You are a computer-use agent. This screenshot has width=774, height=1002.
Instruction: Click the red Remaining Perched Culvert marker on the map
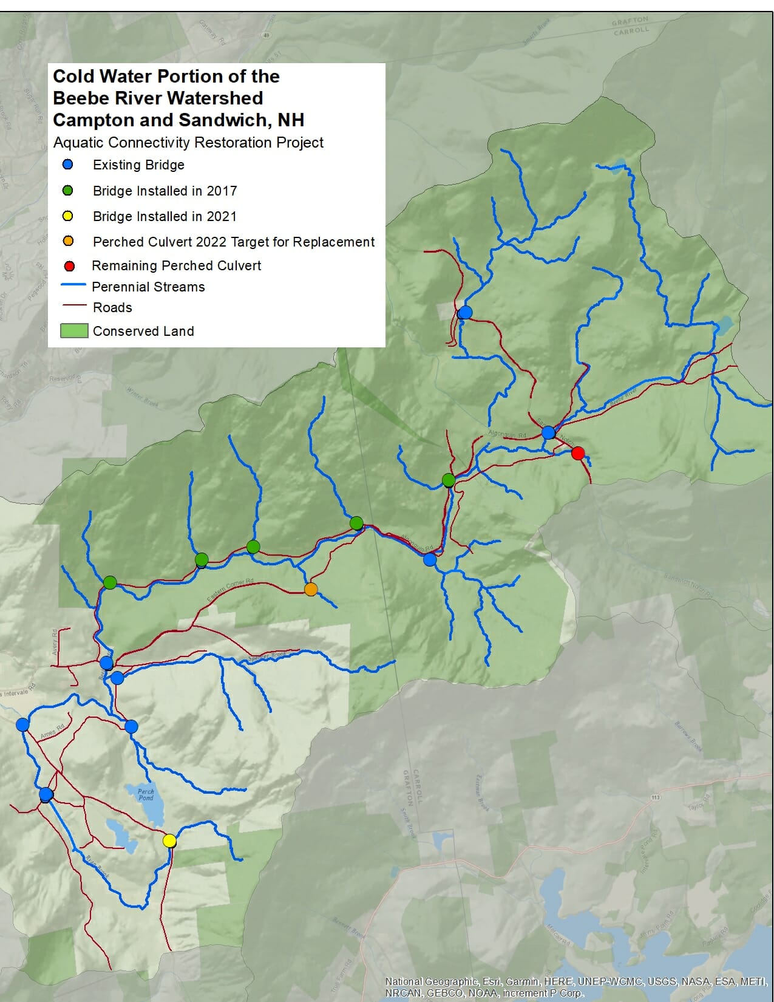(x=578, y=453)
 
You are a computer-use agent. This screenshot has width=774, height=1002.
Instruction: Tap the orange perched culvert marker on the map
(x=311, y=589)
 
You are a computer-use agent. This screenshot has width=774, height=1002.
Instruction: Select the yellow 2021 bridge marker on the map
(x=169, y=841)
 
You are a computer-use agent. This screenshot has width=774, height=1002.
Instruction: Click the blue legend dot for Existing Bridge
(x=68, y=165)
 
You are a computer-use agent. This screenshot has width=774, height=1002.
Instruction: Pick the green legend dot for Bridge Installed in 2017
(x=68, y=191)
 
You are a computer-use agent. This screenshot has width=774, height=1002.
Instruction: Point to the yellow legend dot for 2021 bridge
(x=68, y=216)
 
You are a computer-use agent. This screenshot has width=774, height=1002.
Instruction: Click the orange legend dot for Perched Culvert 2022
(x=68, y=241)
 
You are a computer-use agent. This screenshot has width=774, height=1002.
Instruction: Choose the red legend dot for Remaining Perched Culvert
(x=69, y=266)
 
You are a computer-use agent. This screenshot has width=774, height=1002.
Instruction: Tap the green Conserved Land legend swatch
(x=74, y=331)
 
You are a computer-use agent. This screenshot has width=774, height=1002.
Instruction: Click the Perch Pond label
(x=146, y=794)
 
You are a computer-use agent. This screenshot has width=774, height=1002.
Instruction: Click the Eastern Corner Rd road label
(x=230, y=591)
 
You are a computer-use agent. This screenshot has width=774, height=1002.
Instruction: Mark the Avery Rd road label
(x=55, y=642)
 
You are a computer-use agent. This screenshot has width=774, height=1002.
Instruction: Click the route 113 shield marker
(x=655, y=797)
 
